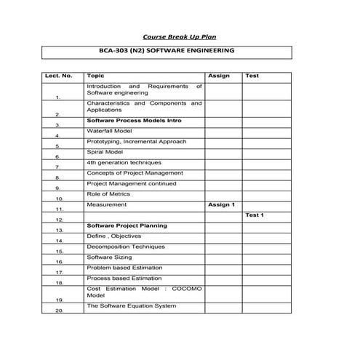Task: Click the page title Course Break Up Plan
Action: coord(180,36)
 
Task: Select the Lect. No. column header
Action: coord(59,76)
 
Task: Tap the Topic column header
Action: coord(95,76)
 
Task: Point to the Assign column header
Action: coord(219,76)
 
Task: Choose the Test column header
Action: coord(252,76)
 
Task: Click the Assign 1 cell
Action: coord(221,205)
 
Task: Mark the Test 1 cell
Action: coord(255,215)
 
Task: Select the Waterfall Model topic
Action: coord(109,131)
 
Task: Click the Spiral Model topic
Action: coord(105,152)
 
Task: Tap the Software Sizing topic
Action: coord(110,257)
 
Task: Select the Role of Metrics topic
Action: coord(108,194)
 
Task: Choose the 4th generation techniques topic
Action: coord(124,162)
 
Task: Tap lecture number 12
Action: coord(59,219)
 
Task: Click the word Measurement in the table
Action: coord(107,205)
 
